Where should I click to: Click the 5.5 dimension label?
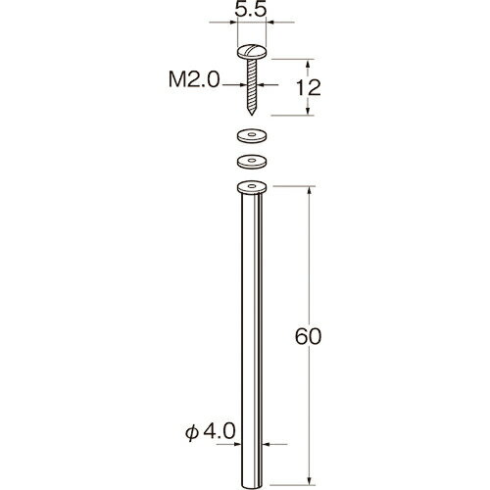pos(251,10)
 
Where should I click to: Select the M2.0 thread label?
pos(194,79)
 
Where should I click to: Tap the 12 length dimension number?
pos(308,87)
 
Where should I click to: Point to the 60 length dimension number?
pos(308,336)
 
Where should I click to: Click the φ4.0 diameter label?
pos(210,431)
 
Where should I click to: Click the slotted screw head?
pos(252,52)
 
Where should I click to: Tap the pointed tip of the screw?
pos(252,114)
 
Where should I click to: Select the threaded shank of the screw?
pos(252,85)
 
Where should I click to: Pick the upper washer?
pos(252,135)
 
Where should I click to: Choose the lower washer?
pos(252,162)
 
